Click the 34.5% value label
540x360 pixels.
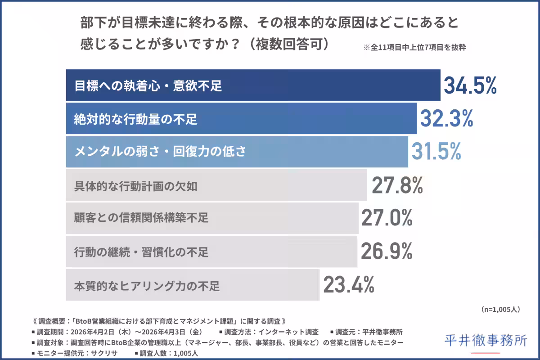pyautogui.click(x=470, y=85)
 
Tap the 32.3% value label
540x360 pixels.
pyautogui.click(x=446, y=118)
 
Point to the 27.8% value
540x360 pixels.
pyautogui.click(x=397, y=185)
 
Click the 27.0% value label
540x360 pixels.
pyautogui.click(x=387, y=218)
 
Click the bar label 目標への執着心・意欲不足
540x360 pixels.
pyautogui.click(x=148, y=85)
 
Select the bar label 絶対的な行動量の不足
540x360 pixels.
pyautogui.click(x=135, y=119)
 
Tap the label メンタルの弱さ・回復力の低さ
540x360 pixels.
pyautogui.click(x=160, y=152)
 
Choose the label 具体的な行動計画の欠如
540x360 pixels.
pyautogui.click(x=135, y=185)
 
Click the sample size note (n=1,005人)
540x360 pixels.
pyautogui.click(x=501, y=310)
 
